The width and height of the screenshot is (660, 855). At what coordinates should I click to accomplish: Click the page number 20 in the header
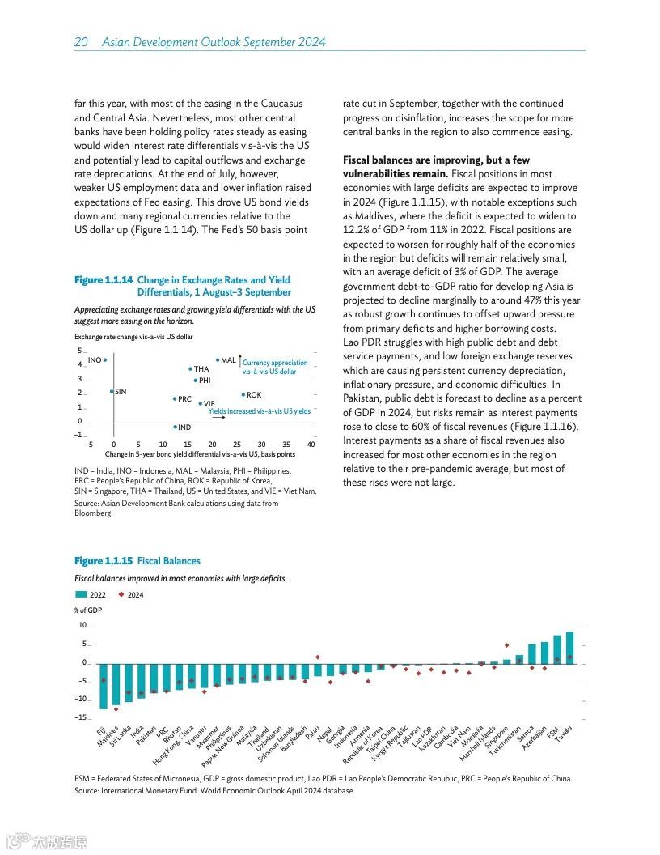tap(81, 42)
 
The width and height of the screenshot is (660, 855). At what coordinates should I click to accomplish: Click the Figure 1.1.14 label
tap(104, 280)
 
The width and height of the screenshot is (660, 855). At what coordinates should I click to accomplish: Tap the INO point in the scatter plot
tap(105, 360)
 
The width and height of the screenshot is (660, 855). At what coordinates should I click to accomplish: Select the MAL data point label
tap(228, 360)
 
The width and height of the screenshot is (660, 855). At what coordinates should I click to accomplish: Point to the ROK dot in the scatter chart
tap(243, 395)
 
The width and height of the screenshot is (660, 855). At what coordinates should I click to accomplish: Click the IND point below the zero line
tap(175, 427)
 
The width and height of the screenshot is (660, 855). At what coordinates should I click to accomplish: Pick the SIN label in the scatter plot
tap(121, 392)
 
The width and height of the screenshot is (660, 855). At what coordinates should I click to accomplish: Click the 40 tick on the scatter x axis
tap(311, 445)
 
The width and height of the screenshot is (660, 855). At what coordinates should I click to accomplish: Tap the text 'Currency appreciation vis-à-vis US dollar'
tap(275, 367)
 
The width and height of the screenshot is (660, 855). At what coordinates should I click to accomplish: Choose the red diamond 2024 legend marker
tap(121, 595)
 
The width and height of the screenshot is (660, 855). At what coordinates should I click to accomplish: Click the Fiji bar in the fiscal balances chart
tap(103, 686)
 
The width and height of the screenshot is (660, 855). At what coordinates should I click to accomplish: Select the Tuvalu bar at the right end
tap(569, 648)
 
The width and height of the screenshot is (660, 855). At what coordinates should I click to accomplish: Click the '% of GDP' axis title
tap(88, 610)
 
